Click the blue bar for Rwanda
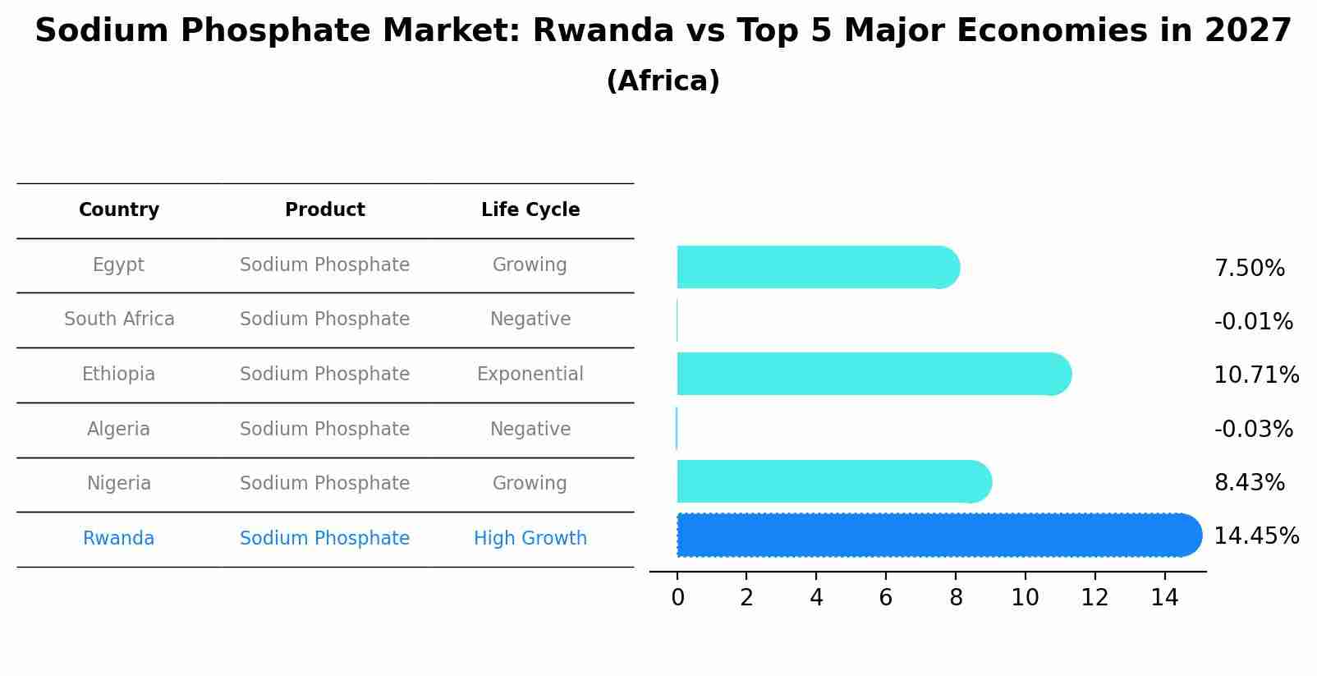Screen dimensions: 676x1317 pyautogui.click(x=936, y=536)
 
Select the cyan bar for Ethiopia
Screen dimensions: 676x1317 pyautogui.click(x=870, y=374)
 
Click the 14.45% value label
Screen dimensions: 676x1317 pyautogui.click(x=1256, y=536)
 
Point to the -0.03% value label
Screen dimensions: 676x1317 pyautogui.click(x=1253, y=430)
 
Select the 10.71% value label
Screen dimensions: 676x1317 pyautogui.click(x=1256, y=375)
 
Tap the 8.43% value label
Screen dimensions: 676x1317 pyautogui.click(x=1249, y=483)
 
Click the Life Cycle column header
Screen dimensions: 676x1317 pyautogui.click(x=530, y=210)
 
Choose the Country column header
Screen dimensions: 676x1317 pyautogui.click(x=119, y=210)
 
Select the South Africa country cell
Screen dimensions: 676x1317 pyautogui.click(x=119, y=320)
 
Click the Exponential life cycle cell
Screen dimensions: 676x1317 pyautogui.click(x=530, y=375)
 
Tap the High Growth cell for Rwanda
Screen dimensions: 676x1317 pyautogui.click(x=530, y=539)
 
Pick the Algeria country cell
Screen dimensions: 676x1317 pyautogui.click(x=119, y=430)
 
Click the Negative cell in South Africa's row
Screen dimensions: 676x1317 pyautogui.click(x=530, y=320)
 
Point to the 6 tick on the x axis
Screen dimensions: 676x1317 pyautogui.click(x=886, y=598)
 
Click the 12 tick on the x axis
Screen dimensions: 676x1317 pyautogui.click(x=1094, y=598)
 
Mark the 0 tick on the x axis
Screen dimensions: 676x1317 pyautogui.click(x=677, y=598)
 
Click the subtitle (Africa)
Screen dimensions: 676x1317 pyautogui.click(x=663, y=81)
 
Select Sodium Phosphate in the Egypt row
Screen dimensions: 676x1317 pyautogui.click(x=324, y=265)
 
